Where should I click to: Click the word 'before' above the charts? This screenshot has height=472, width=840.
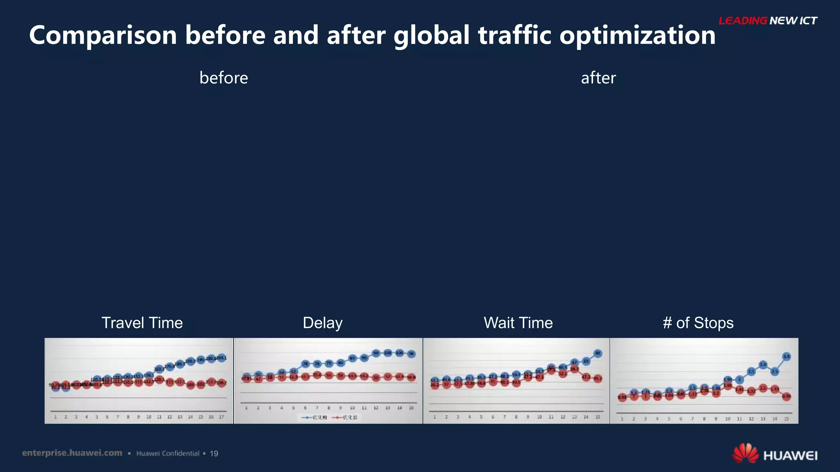tap(224, 78)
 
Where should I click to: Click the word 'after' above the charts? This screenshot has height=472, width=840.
tap(598, 78)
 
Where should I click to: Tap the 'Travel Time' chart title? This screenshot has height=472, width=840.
tap(142, 323)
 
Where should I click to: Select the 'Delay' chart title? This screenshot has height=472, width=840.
tap(322, 323)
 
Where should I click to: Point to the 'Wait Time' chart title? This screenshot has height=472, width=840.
tap(518, 323)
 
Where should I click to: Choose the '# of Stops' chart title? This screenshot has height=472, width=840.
tap(698, 323)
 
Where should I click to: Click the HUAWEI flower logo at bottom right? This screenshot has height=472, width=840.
tap(745, 453)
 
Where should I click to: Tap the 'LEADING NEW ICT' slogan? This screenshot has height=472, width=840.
tap(768, 20)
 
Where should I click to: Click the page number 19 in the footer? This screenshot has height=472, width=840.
tap(214, 454)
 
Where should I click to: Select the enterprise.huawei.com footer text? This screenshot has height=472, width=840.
tap(72, 453)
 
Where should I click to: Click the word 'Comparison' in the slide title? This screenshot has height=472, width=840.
tap(103, 35)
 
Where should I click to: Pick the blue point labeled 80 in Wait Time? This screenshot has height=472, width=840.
tap(598, 353)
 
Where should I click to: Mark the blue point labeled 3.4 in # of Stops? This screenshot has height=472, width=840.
tap(786, 356)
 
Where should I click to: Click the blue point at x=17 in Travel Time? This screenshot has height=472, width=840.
tap(221, 358)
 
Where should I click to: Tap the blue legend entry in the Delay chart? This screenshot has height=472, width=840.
tap(314, 418)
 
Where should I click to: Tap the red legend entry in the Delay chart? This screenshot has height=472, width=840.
tap(345, 418)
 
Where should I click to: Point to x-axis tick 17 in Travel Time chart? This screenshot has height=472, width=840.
tap(221, 417)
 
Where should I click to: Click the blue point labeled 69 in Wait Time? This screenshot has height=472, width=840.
tap(586, 361)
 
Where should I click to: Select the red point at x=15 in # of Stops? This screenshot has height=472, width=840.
tap(786, 396)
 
